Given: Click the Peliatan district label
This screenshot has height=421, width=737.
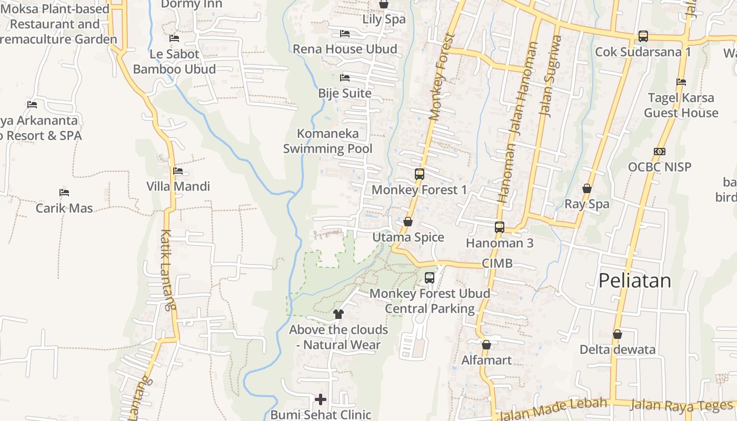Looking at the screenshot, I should [x=634, y=280].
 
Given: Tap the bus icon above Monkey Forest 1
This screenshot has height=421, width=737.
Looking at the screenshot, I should [x=420, y=174].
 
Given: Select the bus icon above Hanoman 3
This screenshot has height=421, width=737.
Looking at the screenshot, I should [x=500, y=227].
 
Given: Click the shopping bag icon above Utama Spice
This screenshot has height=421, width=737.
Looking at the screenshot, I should [x=407, y=222].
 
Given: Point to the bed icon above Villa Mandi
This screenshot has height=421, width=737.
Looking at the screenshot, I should [x=178, y=171].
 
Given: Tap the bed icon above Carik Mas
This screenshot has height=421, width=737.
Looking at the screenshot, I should [x=64, y=193].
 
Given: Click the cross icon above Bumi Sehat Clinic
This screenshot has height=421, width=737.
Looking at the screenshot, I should [x=320, y=399].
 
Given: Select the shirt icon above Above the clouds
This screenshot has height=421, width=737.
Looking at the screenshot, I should [x=338, y=314].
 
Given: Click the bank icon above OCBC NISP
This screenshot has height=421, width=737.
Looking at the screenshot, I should [x=659, y=152].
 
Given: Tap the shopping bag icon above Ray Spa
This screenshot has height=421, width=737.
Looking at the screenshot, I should [x=587, y=188].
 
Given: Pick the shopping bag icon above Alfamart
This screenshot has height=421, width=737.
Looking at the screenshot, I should [x=486, y=345].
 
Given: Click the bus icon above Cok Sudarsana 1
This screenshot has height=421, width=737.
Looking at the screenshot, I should [x=643, y=36].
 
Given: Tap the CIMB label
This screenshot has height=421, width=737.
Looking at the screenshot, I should [x=497, y=263].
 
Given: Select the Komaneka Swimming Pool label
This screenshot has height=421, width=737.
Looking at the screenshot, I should [x=328, y=141].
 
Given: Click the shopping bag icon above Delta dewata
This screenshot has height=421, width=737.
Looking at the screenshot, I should [x=618, y=334].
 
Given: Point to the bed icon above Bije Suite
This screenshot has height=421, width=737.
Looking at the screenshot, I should [x=345, y=78].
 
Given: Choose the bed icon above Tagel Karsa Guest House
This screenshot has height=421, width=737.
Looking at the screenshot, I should [x=681, y=82].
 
